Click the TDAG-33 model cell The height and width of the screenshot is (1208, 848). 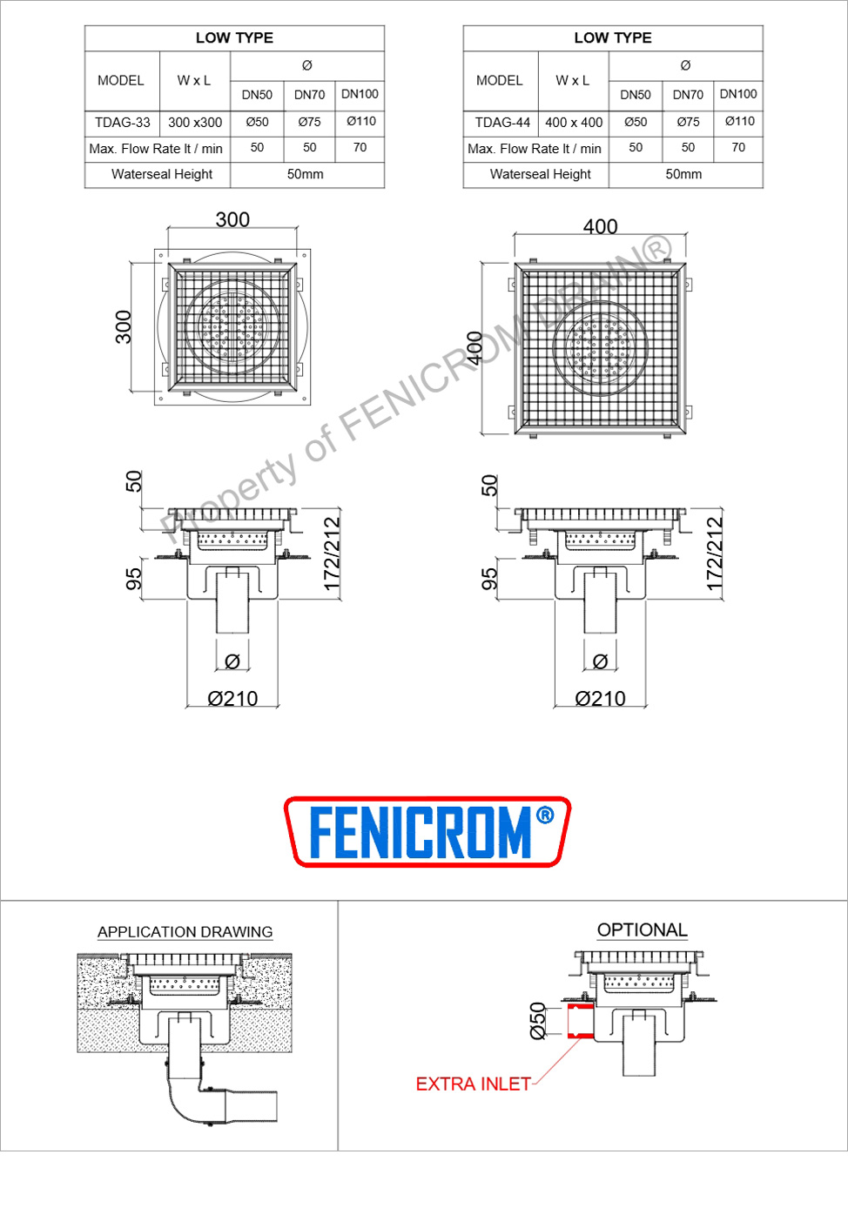tap(123, 123)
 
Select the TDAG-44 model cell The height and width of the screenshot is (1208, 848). tap(502, 123)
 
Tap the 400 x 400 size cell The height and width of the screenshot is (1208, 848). tap(574, 123)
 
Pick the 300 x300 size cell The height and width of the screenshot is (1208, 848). tap(195, 123)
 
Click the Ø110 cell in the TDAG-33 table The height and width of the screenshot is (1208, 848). tap(361, 121)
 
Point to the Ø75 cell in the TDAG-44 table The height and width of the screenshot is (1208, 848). tap(688, 122)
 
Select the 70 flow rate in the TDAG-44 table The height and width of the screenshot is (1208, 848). tap(738, 147)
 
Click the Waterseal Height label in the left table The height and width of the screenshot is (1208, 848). tap(162, 174)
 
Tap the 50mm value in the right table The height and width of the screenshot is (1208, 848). tap(683, 174)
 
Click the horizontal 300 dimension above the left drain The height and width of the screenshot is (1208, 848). tap(232, 219)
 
